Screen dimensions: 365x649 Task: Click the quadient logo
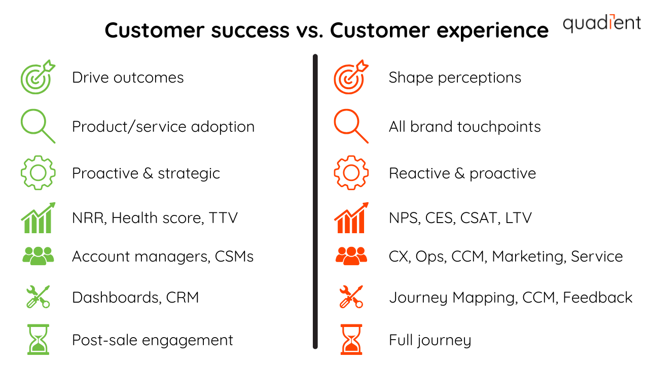[601, 23]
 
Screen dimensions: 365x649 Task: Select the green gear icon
[38, 173]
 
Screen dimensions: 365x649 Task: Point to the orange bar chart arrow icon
[351, 218]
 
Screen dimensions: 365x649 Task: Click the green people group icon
[38, 256]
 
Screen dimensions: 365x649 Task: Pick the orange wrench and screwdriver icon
[351, 297]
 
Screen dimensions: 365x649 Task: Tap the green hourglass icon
[39, 340]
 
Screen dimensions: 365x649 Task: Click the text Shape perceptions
[455, 78]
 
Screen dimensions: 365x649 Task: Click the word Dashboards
[116, 297]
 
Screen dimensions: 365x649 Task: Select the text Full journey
[429, 340]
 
